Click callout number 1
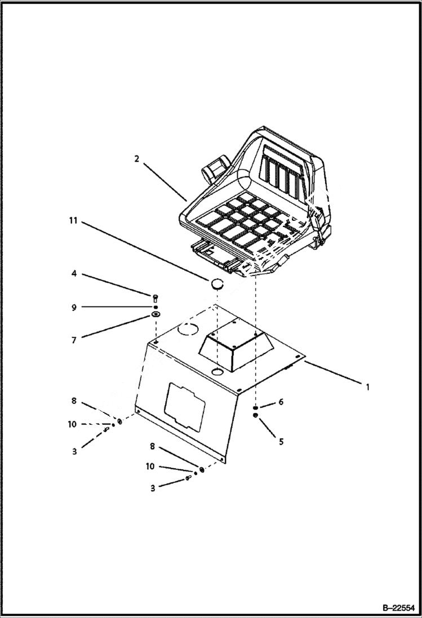[x=367, y=387]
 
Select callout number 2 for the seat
[x=136, y=159]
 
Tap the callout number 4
[x=74, y=274]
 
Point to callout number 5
[x=281, y=441]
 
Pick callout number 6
[x=281, y=402]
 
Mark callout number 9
[x=74, y=307]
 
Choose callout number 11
[x=73, y=221]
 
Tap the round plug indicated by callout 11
[x=217, y=283]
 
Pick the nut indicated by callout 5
[x=255, y=416]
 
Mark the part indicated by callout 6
[x=255, y=408]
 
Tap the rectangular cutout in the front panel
[x=185, y=404]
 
